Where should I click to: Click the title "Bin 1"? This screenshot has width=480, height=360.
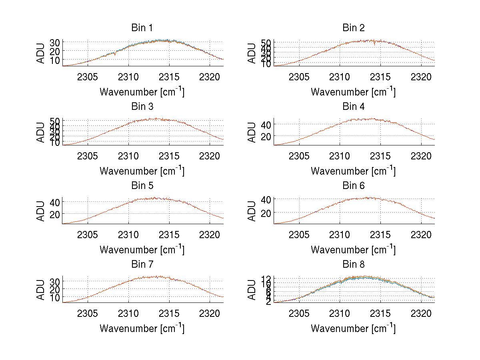click(142, 28)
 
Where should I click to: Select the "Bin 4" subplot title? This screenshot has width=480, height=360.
click(354, 107)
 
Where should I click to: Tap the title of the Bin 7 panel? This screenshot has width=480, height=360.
click(142, 265)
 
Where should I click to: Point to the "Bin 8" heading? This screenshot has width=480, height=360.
click(354, 265)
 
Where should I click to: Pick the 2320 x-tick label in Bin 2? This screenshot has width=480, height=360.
click(421, 77)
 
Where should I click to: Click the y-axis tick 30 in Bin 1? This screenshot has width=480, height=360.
click(55, 42)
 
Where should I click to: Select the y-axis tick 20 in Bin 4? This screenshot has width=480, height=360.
click(266, 136)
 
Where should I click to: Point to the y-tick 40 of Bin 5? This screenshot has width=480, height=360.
click(55, 202)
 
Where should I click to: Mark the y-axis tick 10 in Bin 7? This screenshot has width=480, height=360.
click(55, 298)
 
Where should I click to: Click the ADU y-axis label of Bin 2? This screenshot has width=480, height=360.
click(252, 53)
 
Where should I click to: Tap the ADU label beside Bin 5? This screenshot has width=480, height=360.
click(40, 211)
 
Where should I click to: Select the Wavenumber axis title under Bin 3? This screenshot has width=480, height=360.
click(142, 171)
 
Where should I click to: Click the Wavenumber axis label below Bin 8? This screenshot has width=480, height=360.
click(354, 328)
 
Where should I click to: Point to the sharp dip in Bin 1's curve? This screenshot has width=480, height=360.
click(115, 54)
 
